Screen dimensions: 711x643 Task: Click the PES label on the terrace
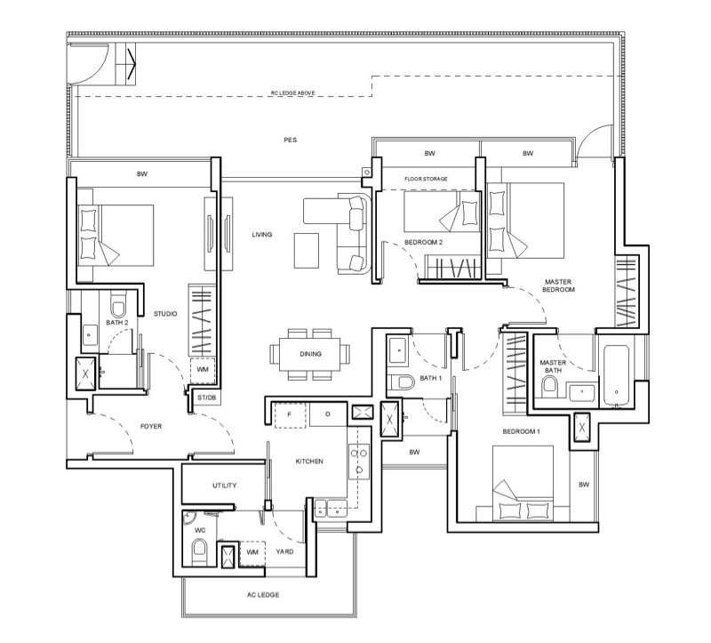[291, 140]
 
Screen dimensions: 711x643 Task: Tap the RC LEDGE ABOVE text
[293, 93]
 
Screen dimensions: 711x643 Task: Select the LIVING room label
[262, 235]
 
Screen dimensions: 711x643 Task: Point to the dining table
[310, 354]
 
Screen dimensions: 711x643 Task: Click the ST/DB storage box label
[207, 398]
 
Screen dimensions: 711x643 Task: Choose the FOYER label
[151, 427]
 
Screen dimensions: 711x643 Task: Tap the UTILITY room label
[225, 486]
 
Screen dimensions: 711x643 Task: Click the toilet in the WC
[199, 549]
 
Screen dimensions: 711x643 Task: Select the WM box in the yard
[252, 552]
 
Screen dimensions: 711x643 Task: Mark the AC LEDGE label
[263, 595]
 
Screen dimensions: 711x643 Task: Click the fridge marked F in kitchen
[290, 414]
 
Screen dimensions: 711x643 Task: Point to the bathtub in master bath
[616, 375]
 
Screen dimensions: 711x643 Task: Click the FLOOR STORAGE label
[426, 180]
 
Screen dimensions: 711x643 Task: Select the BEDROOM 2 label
[424, 242]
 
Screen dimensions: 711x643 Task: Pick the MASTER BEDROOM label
[558, 285]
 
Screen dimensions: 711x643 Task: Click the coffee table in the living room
[307, 250]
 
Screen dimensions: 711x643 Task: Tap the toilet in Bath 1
[403, 382]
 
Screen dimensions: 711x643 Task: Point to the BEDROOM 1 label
[521, 431]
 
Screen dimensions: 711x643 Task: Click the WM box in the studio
[203, 370]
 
